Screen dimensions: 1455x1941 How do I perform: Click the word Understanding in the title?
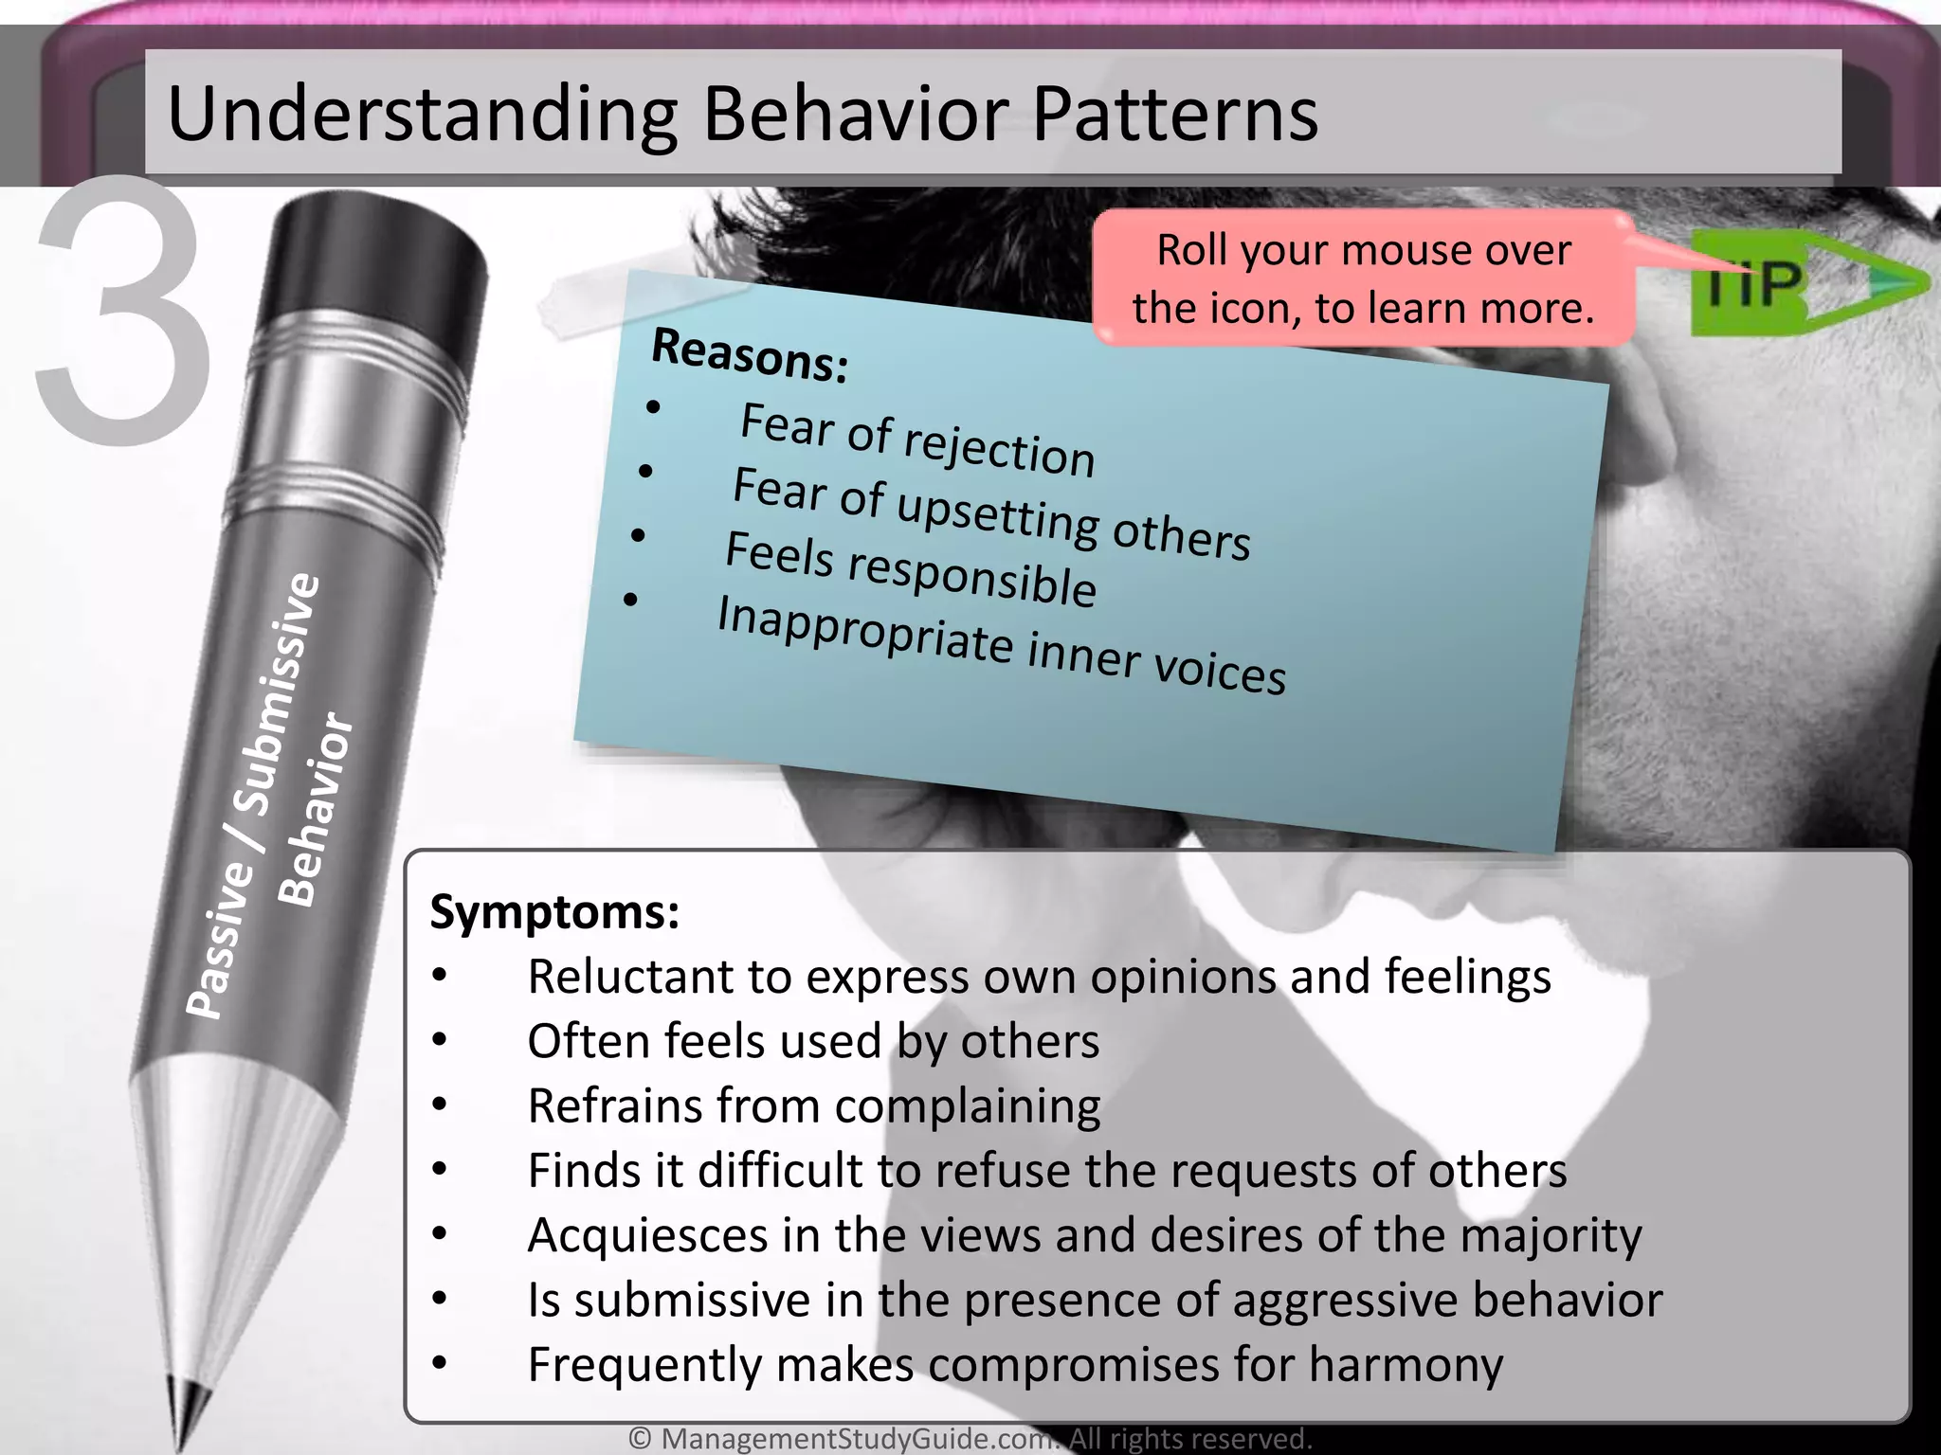[422, 116]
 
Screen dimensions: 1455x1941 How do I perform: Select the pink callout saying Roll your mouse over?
[1363, 278]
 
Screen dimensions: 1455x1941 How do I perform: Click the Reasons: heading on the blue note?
[749, 356]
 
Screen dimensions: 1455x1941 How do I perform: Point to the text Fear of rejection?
[916, 440]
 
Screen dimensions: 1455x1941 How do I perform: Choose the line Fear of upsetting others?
[990, 513]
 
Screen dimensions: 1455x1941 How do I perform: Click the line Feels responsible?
[910, 569]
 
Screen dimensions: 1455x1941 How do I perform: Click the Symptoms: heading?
[554, 912]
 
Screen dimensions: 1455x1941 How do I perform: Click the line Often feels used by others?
[812, 1041]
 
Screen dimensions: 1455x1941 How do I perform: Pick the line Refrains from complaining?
[813, 1106]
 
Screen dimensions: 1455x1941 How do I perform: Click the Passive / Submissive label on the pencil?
[251, 796]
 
